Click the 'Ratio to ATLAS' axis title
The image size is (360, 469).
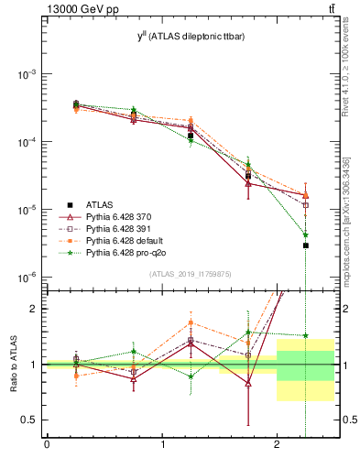pos(12,364)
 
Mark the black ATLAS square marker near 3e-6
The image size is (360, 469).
pos(306,245)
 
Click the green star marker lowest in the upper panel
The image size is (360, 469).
pos(306,235)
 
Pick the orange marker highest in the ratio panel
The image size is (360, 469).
pos(191,322)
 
